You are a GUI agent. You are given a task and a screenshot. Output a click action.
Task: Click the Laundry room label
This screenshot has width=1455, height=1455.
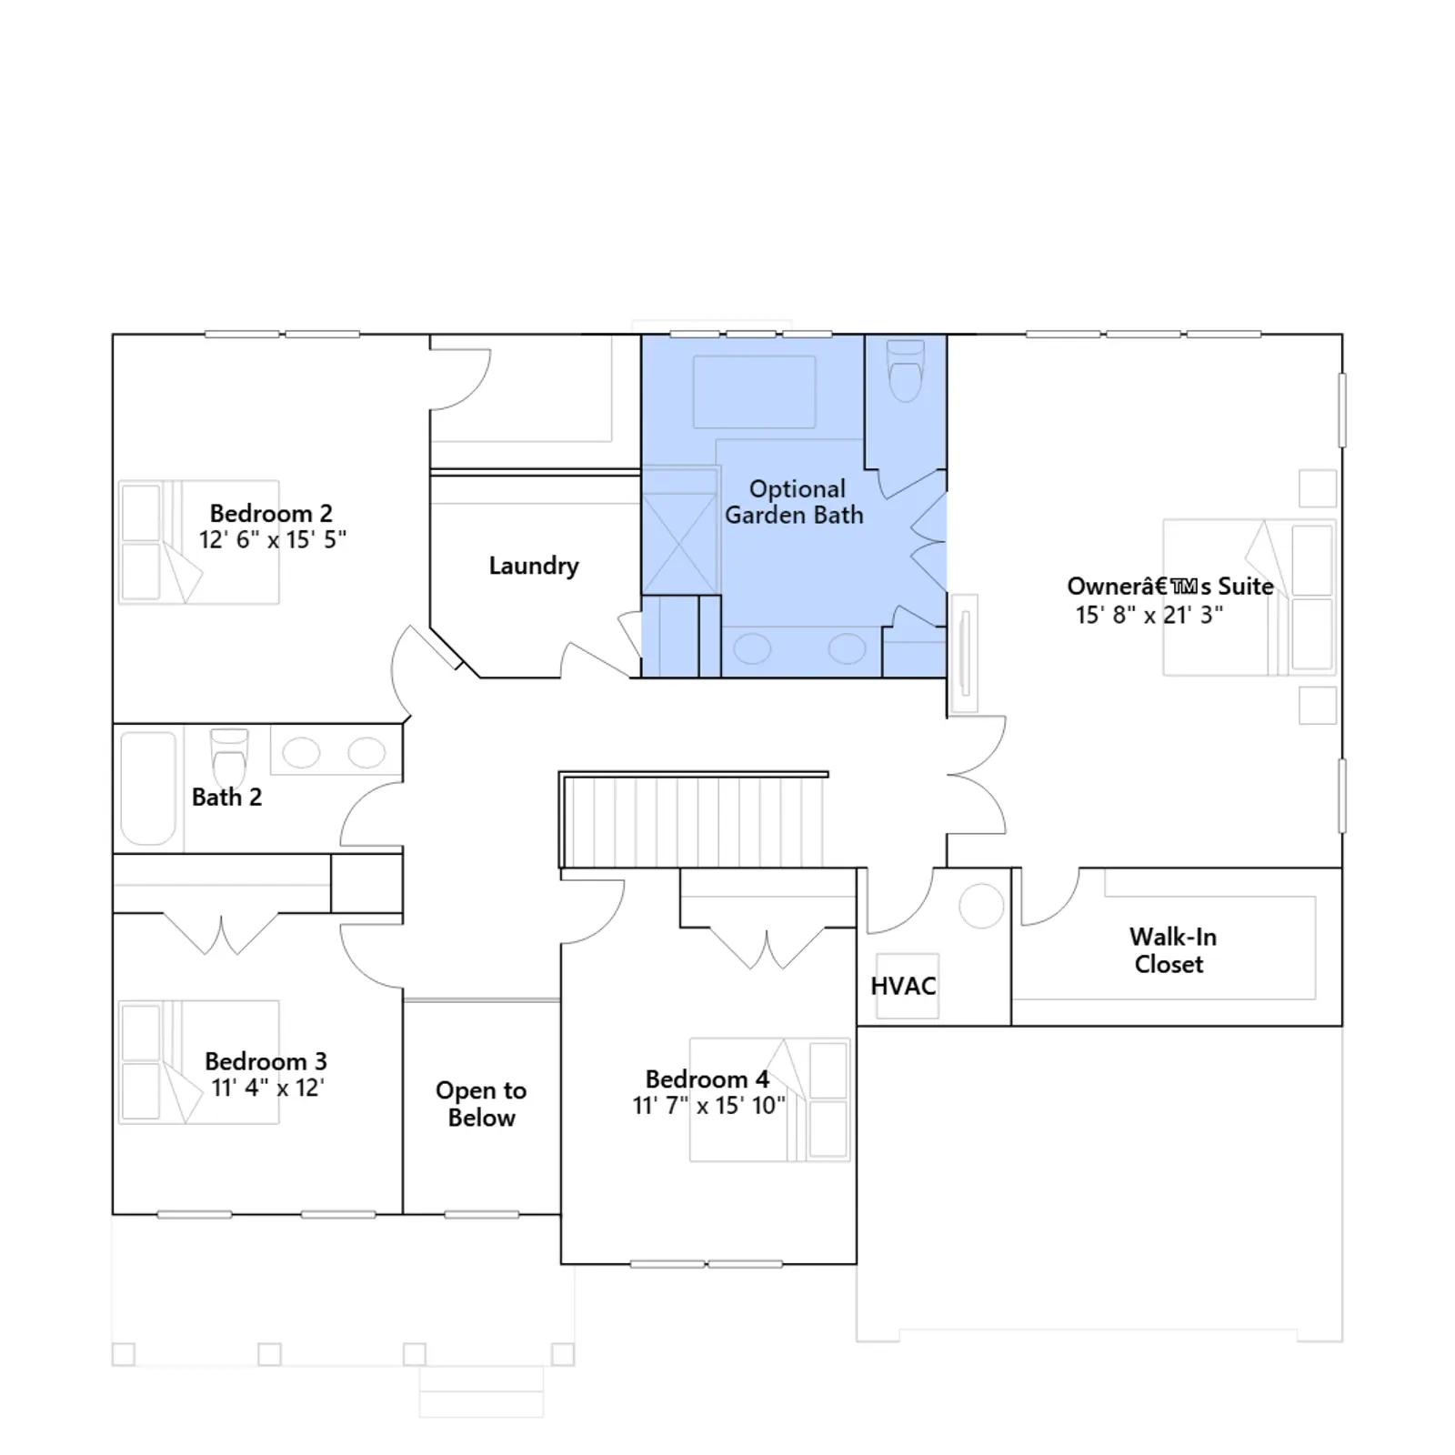pyautogui.click(x=534, y=566)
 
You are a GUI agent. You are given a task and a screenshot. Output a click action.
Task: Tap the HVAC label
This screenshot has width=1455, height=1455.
pyautogui.click(x=903, y=986)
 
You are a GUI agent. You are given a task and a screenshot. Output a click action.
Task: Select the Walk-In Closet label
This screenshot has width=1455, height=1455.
pyautogui.click(x=1172, y=950)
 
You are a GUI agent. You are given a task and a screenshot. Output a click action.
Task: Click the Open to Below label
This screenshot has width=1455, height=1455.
pyautogui.click(x=481, y=1104)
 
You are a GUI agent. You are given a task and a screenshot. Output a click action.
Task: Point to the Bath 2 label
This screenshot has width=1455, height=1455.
pyautogui.click(x=226, y=798)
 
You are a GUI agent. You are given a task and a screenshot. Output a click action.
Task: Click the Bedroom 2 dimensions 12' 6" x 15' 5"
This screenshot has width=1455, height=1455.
pyautogui.click(x=273, y=539)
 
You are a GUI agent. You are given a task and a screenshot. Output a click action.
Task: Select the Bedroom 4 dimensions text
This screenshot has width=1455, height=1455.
pyautogui.click(x=709, y=1106)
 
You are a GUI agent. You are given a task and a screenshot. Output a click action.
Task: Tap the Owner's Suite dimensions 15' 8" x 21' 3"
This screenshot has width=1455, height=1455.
pyautogui.click(x=1149, y=615)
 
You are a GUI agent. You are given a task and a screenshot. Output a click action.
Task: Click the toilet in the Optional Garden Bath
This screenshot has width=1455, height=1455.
pyautogui.click(x=905, y=370)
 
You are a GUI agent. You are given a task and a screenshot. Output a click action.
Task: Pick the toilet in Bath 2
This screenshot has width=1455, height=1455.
pyautogui.click(x=229, y=758)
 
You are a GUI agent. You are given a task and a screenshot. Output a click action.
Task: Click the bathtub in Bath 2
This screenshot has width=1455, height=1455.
pyautogui.click(x=148, y=788)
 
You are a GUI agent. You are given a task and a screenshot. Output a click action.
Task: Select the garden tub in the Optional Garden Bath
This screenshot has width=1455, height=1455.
pyautogui.click(x=754, y=392)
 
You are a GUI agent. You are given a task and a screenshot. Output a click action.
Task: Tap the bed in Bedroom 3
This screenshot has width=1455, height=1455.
pyautogui.click(x=198, y=1062)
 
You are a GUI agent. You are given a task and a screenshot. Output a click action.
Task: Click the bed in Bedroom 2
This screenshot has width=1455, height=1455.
pyautogui.click(x=198, y=542)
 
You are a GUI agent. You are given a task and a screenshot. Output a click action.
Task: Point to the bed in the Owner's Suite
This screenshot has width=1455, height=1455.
pyautogui.click(x=1249, y=597)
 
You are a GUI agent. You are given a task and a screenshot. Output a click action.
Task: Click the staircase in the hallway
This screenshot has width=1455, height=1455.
pyautogui.click(x=693, y=820)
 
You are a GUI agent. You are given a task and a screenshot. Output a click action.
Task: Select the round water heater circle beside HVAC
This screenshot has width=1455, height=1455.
pyautogui.click(x=981, y=906)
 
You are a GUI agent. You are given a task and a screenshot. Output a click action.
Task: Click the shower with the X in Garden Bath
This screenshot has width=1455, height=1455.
pyautogui.click(x=679, y=544)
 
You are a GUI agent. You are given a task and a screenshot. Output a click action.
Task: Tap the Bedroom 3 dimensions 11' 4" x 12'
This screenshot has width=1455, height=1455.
pyautogui.click(x=267, y=1088)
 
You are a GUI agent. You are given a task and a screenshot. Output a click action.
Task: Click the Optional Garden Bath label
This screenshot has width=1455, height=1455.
pyautogui.click(x=794, y=502)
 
